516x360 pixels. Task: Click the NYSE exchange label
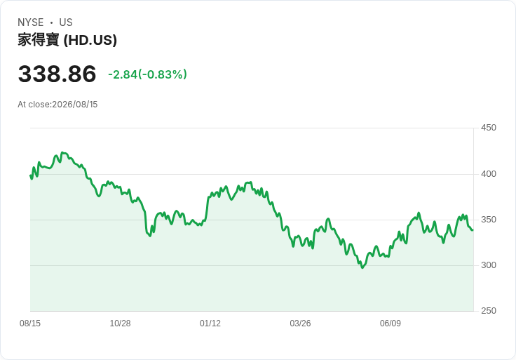click(x=31, y=22)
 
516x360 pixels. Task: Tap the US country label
click(x=66, y=22)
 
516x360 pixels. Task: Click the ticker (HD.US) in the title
click(x=90, y=40)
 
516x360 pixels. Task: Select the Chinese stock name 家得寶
click(x=39, y=40)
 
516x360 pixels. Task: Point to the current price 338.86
click(x=57, y=74)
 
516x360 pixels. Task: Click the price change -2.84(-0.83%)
click(x=147, y=74)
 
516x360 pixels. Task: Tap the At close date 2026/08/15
click(x=75, y=105)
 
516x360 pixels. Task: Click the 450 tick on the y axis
click(x=489, y=128)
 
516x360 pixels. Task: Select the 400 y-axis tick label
click(x=489, y=174)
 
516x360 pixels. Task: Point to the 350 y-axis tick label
click(x=489, y=220)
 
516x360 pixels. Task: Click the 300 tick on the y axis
click(x=489, y=265)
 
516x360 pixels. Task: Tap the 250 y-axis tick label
click(x=489, y=311)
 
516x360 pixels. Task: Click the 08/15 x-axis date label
click(x=30, y=324)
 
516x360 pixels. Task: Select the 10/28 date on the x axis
click(x=120, y=324)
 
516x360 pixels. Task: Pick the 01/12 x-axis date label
click(x=210, y=324)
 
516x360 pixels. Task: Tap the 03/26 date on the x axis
click(x=300, y=324)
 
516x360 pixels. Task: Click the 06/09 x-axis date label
click(x=391, y=324)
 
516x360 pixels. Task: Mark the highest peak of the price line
click(x=62, y=153)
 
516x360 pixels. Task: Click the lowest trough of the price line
click(x=362, y=268)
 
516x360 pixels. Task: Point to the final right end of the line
click(x=473, y=230)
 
